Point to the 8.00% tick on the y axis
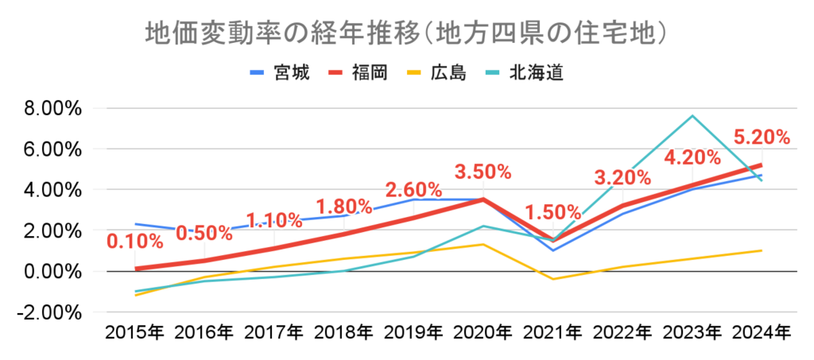pos(49,108)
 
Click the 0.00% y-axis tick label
pos(49,272)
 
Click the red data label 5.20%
pos(762,137)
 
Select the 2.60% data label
pos(413,191)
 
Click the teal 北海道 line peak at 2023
pos(692,116)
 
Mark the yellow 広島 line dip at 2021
pos(552,279)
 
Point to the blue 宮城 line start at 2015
pos(136,224)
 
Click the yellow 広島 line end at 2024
pos(762,250)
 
